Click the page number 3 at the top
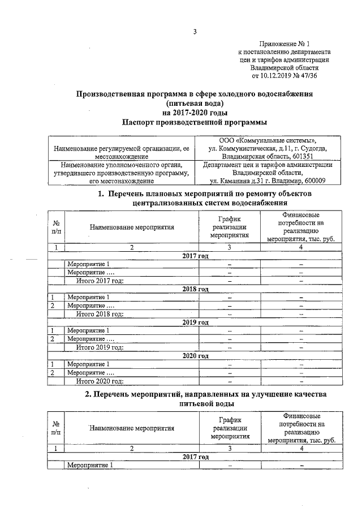[195, 32]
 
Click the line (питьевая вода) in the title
[196, 103]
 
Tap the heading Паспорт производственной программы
[195, 122]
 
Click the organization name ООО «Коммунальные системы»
[268, 140]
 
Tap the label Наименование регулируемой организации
[121, 148]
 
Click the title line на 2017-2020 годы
[195, 112]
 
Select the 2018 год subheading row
[196, 289]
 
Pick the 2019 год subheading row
[196, 322]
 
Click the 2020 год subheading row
[196, 356]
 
